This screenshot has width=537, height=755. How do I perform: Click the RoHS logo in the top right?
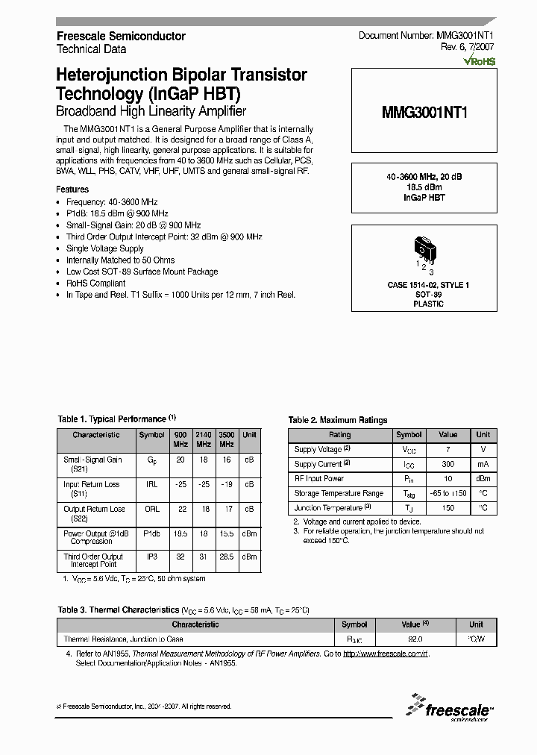[x=480, y=62]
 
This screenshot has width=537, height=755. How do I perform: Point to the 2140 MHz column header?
[x=203, y=439]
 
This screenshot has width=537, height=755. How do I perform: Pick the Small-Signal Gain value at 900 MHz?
[x=180, y=460]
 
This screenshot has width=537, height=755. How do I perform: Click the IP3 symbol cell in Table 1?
[x=151, y=557]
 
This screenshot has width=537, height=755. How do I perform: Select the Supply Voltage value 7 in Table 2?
[x=447, y=449]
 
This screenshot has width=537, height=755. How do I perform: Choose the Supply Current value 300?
[x=447, y=464]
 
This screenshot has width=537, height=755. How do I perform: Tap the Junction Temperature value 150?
[x=447, y=508]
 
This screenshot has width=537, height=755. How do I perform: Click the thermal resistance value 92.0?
[x=415, y=639]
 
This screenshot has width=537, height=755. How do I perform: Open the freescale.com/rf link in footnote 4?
[x=386, y=654]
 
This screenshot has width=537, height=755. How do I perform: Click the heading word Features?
[x=72, y=189]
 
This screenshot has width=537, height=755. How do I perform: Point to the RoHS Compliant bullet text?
[x=95, y=283]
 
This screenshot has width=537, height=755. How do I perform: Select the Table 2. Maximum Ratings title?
[x=338, y=420]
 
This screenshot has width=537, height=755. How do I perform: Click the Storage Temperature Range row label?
[x=339, y=493]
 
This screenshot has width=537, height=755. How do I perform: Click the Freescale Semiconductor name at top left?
[x=122, y=36]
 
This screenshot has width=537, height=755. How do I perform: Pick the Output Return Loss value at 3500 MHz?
[x=226, y=509]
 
